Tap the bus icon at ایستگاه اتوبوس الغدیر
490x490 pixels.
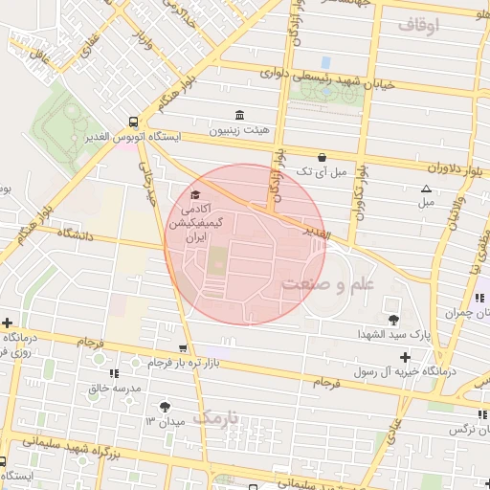pyautogui.click(x=132, y=122)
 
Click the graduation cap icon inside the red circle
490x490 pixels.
pyautogui.click(x=196, y=195)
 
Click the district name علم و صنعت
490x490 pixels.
pyautogui.click(x=328, y=283)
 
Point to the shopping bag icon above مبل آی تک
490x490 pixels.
pyautogui.click(x=321, y=157)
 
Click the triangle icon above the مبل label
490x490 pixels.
pyautogui.click(x=426, y=188)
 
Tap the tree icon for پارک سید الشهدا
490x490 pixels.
pyautogui.click(x=392, y=320)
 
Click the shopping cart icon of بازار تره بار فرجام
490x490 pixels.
pyautogui.click(x=182, y=348)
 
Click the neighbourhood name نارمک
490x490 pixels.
pyautogui.click(x=218, y=416)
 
